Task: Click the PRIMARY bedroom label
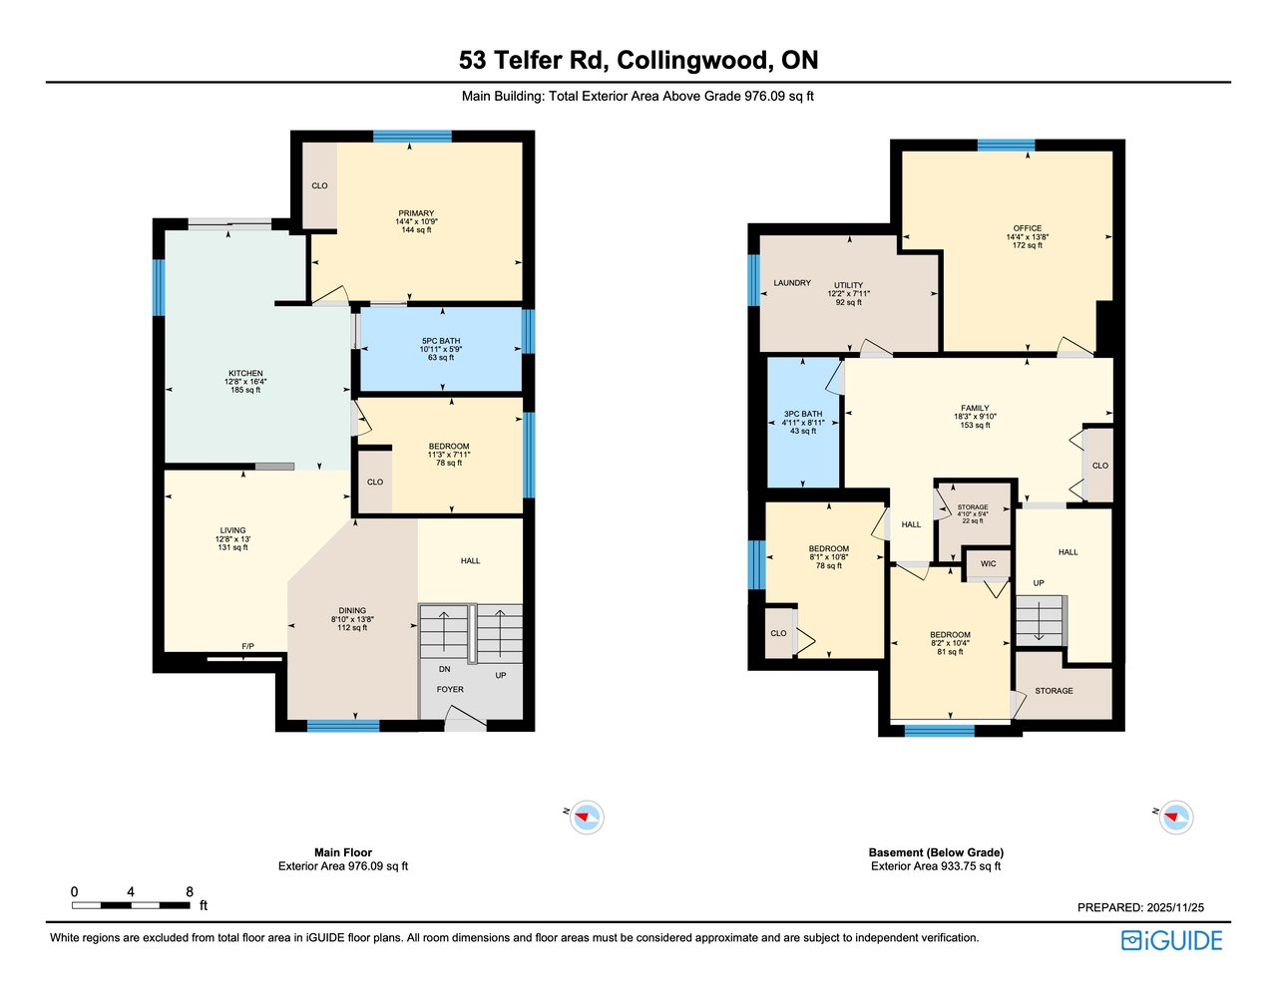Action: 416,213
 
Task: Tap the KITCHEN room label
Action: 245,373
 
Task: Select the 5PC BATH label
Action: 441,341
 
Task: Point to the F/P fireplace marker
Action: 248,647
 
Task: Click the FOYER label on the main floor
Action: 450,690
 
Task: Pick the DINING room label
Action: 352,611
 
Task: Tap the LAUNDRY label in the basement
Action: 792,283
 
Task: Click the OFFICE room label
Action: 1028,228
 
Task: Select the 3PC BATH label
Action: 803,414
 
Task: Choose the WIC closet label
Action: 989,563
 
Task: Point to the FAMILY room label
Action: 975,408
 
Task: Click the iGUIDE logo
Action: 1172,940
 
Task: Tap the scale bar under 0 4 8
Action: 131,905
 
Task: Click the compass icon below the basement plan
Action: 1176,817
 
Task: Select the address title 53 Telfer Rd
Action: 533,61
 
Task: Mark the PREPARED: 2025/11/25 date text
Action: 1140,907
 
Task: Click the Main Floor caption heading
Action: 343,852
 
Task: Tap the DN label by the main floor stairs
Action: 444,669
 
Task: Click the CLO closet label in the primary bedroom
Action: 319,185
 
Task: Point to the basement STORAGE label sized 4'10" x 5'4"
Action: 973,507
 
